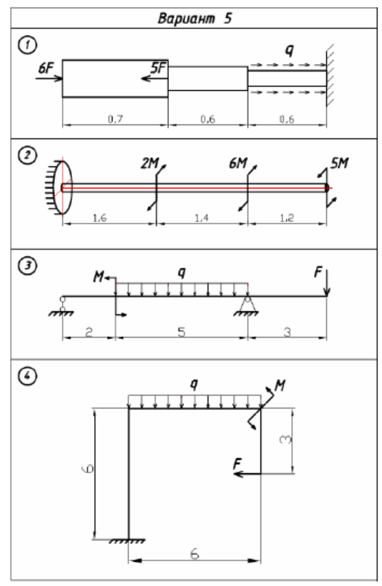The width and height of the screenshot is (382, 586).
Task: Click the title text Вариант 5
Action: (x=194, y=18)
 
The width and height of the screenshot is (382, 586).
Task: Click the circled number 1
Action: (x=27, y=45)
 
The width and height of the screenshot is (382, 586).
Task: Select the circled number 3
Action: (x=27, y=265)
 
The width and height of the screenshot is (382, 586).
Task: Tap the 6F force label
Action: (x=46, y=68)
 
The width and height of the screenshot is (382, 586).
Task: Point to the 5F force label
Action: (x=158, y=67)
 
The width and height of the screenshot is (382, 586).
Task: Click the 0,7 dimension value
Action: (x=115, y=119)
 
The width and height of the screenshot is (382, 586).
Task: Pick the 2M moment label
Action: (x=149, y=163)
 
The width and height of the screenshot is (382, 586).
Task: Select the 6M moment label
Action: (x=238, y=163)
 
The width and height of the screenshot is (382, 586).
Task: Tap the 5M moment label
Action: (x=339, y=163)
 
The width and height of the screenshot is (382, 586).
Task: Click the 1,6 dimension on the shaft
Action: (x=100, y=217)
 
